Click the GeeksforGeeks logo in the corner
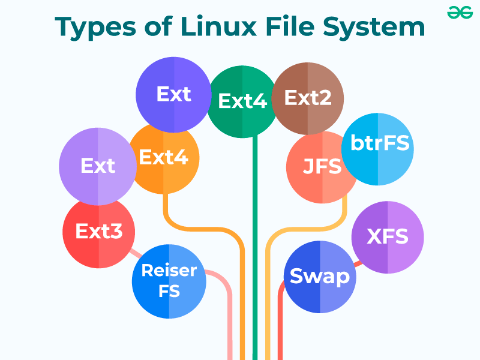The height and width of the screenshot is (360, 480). coord(460,13)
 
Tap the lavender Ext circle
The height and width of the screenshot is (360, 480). coord(97,166)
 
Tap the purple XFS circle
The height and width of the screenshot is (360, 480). coord(388,236)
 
